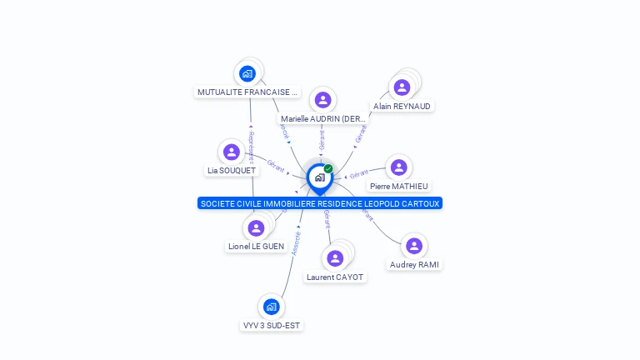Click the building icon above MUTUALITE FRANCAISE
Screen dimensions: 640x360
click(x=247, y=73)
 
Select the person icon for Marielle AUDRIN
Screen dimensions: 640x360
click(x=322, y=100)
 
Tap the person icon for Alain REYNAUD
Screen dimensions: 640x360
click(x=402, y=87)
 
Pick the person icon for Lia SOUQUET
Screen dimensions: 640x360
click(x=232, y=152)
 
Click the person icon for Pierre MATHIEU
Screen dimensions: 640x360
click(x=399, y=167)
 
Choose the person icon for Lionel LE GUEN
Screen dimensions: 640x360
click(x=256, y=227)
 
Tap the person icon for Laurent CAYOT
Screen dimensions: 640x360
click(x=335, y=257)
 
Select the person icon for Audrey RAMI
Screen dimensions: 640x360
click(x=414, y=246)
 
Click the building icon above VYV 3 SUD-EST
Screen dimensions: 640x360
click(x=271, y=307)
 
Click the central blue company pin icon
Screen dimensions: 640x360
click(x=319, y=177)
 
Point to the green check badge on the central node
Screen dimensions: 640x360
click(x=328, y=169)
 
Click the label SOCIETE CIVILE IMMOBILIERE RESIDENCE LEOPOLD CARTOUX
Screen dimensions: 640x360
click(x=320, y=203)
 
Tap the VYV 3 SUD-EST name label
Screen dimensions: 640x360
click(x=271, y=325)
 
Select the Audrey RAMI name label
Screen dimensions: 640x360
click(x=415, y=264)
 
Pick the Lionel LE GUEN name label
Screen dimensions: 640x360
click(x=256, y=247)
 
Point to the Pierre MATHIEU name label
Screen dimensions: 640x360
click(x=400, y=187)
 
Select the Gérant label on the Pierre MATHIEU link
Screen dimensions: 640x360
click(x=359, y=174)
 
